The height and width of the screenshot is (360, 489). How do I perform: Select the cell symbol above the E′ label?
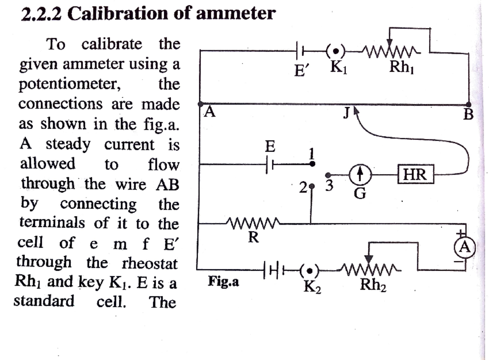tap(301, 51)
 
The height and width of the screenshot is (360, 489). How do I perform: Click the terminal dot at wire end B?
tap(469, 104)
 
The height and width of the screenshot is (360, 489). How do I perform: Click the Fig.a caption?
tap(224, 281)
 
